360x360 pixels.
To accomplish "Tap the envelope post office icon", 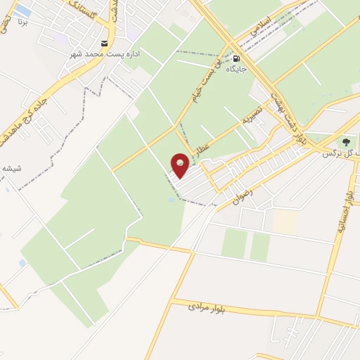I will [x=104, y=43].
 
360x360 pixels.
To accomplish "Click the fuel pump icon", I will [x=236, y=59].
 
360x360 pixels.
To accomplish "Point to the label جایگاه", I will [x=236, y=70].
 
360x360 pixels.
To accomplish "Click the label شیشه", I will [x=11, y=168].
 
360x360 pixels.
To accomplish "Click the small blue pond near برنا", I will [x=22, y=11].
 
